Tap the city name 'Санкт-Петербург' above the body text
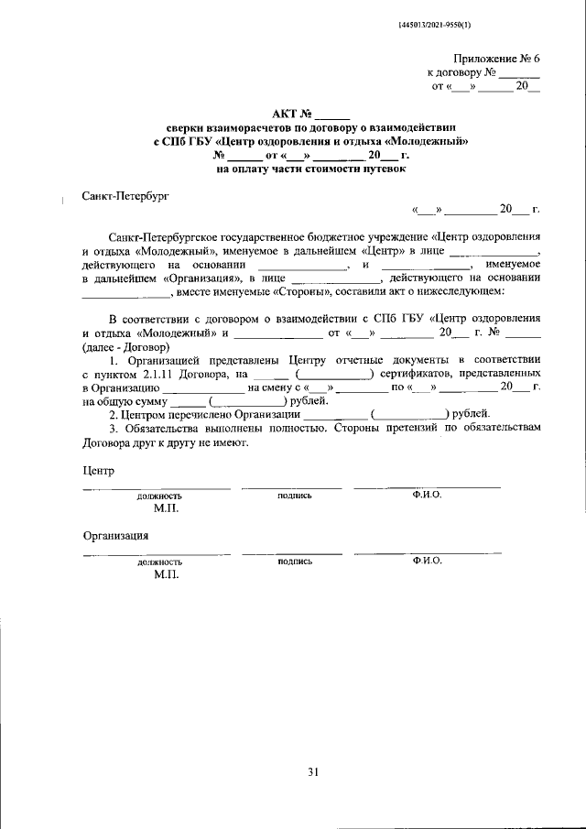coord(125,195)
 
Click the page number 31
coord(312,772)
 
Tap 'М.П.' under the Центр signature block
coord(167,507)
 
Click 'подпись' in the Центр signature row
coord(294,496)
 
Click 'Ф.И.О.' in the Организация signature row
coord(427,561)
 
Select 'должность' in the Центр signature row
coord(159,496)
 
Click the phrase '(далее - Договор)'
coord(125,347)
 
